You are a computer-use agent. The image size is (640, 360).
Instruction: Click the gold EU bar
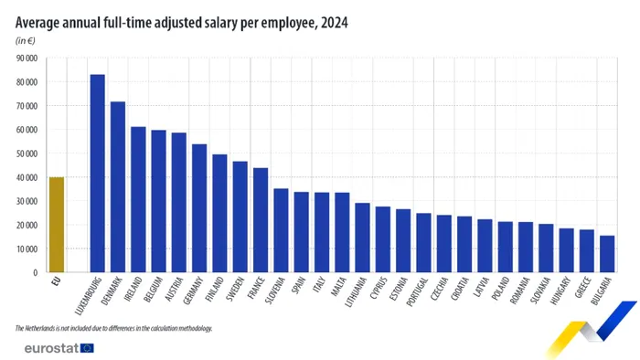coord(57,225)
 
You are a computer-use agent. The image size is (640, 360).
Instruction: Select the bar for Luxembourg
coord(98,174)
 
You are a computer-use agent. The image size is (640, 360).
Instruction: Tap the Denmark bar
coord(118,187)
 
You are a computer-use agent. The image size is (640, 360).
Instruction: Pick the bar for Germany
coord(199,208)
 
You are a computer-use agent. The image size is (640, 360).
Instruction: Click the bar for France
coord(261,220)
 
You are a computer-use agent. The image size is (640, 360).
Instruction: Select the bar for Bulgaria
coord(606,254)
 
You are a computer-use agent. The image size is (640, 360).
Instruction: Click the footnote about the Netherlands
coord(113,327)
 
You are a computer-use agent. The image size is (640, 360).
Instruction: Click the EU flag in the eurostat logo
coord(88,347)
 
